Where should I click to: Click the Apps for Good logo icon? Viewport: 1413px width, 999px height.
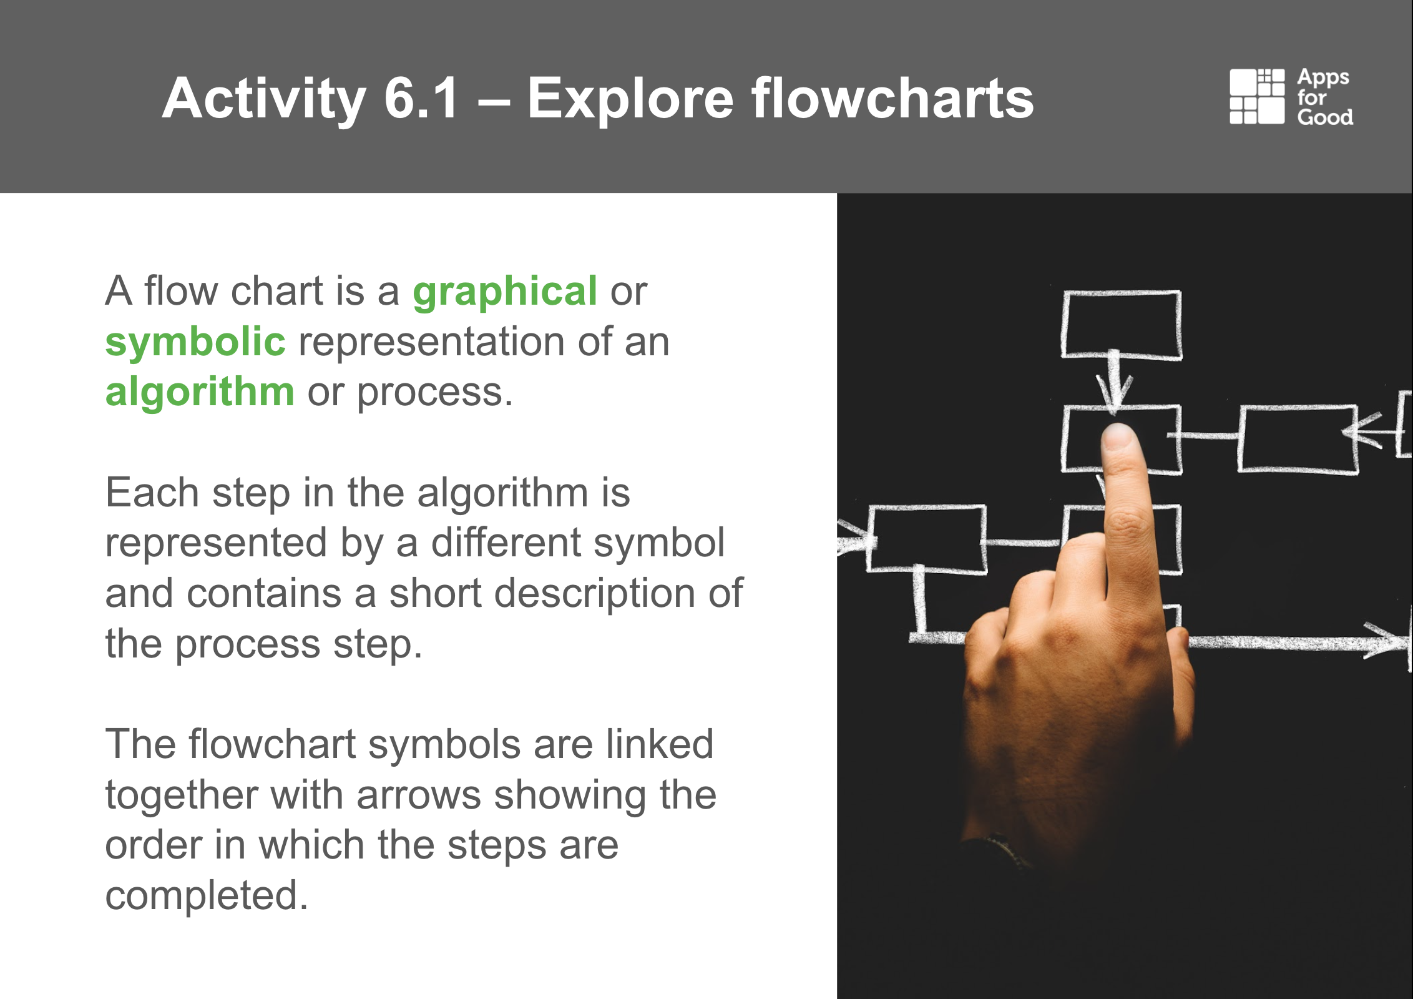[1257, 97]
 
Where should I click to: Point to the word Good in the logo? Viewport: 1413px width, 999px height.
[1325, 117]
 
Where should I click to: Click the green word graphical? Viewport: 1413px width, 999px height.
[505, 292]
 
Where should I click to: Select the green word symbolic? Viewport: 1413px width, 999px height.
[195, 342]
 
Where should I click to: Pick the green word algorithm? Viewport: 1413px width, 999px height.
[200, 392]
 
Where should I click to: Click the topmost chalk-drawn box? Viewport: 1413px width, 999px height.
[1122, 325]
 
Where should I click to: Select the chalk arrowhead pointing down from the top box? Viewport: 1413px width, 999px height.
[1115, 393]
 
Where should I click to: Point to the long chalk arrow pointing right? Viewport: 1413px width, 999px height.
[1298, 641]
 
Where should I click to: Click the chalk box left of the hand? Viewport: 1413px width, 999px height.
[926, 538]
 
